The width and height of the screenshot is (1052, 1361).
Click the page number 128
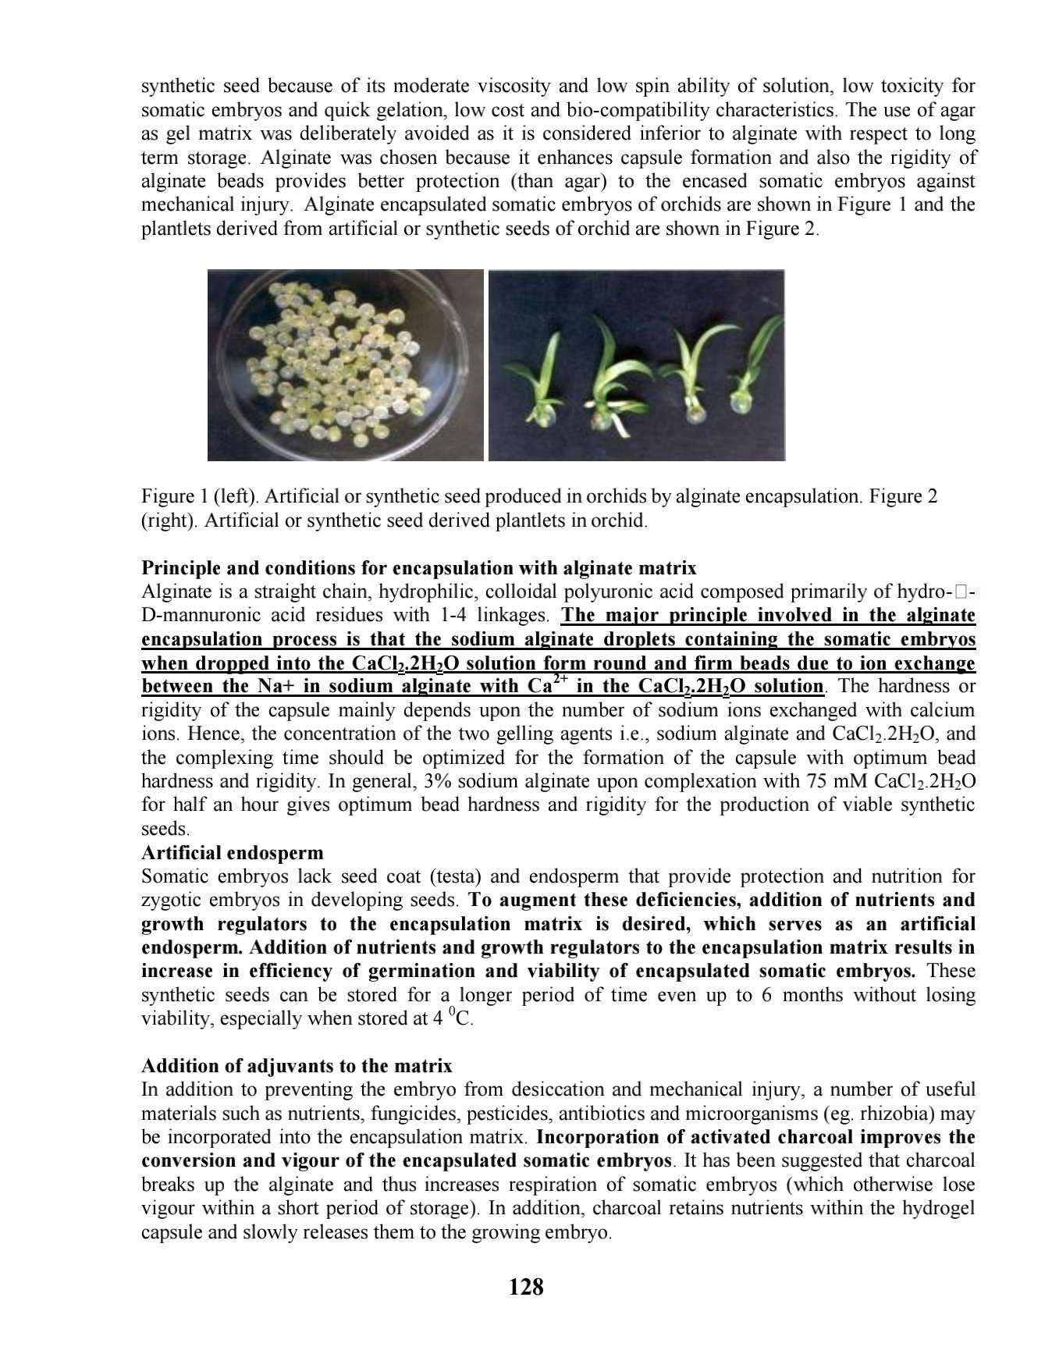(525, 1287)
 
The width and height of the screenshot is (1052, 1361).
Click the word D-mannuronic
(195, 616)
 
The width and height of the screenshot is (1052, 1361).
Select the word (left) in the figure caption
(225, 496)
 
